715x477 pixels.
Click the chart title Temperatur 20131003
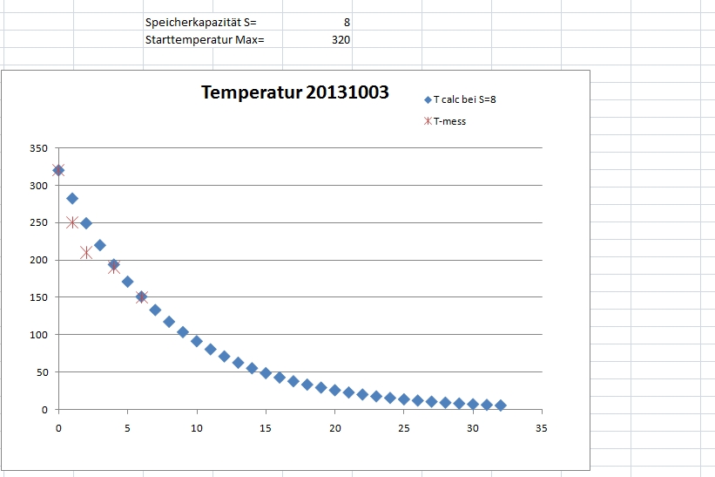tap(295, 92)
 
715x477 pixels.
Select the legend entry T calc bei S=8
tap(464, 99)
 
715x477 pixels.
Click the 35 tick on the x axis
tap(541, 428)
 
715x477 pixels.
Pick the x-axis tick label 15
tap(266, 428)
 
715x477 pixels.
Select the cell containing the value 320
tap(341, 40)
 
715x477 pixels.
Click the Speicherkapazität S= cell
tap(201, 22)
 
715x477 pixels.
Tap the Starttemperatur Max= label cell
tap(205, 40)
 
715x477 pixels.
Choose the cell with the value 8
tap(346, 22)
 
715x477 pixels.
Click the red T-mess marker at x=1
tap(72, 222)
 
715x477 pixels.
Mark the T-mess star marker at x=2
tap(86, 253)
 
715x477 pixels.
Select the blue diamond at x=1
tap(72, 199)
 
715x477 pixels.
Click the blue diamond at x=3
tap(100, 245)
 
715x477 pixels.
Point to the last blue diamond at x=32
tap(500, 405)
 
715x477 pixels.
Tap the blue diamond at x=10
tap(197, 341)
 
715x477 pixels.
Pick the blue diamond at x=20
tap(334, 390)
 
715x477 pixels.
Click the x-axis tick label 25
tap(403, 428)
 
